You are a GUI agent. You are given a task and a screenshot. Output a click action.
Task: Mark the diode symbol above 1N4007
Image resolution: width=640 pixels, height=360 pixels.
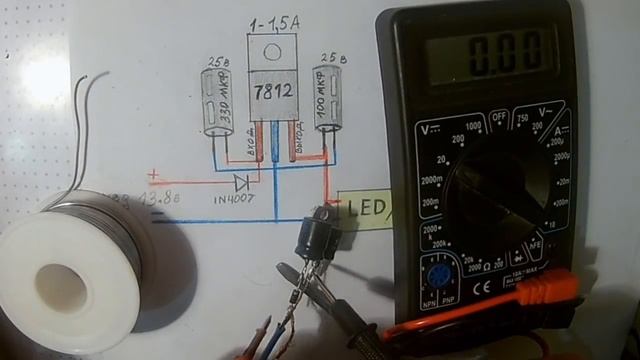(241, 182)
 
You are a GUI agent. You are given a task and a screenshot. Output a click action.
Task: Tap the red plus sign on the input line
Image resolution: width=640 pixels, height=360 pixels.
(153, 177)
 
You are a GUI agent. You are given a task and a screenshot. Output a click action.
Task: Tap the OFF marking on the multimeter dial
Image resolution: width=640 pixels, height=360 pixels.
(500, 117)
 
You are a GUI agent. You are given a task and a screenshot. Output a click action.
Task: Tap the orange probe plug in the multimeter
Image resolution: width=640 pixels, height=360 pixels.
(540, 295)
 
